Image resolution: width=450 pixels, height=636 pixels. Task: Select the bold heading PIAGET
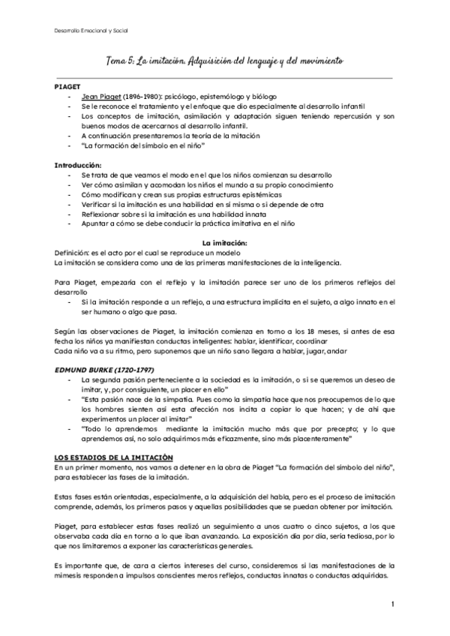coord(68,88)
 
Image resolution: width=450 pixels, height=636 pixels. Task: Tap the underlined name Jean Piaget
coord(101,97)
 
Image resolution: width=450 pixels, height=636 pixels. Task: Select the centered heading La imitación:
coord(224,243)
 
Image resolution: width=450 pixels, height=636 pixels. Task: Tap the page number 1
coord(393,603)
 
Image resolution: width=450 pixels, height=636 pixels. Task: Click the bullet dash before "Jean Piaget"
coord(70,97)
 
